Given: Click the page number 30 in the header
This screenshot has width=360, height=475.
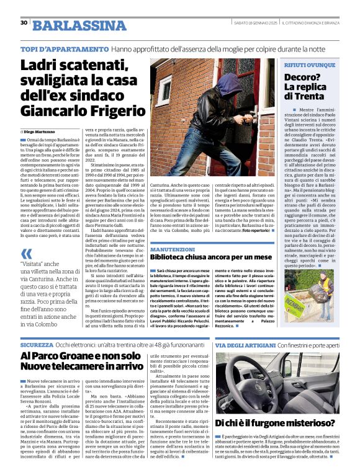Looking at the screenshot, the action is click(24, 23).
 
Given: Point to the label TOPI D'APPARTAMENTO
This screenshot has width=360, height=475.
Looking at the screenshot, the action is click(65, 48).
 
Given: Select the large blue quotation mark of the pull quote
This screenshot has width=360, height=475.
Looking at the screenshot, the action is click(27, 254).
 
